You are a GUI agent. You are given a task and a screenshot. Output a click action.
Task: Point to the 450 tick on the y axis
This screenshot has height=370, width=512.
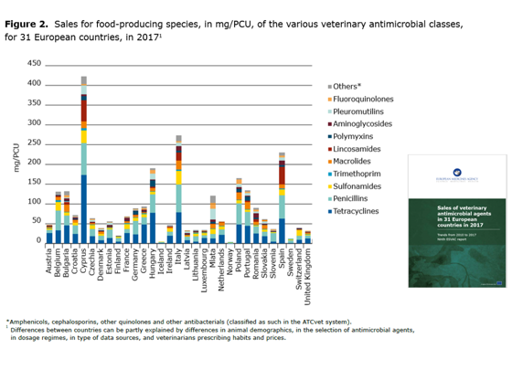click(34, 64)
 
